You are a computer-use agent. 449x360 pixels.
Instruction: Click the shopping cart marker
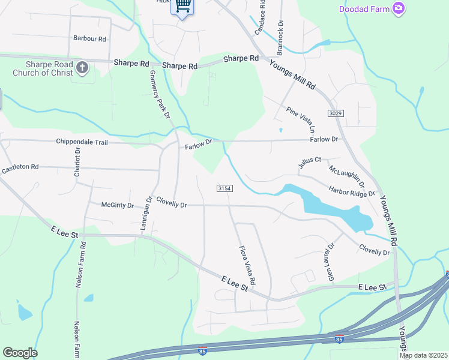[182, 7]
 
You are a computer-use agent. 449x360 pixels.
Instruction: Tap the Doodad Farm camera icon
[397, 8]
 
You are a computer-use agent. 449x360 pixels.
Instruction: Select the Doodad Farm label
[364, 9]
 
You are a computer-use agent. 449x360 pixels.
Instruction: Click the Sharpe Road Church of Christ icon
[83, 68]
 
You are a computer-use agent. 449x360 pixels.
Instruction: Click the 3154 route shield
[224, 188]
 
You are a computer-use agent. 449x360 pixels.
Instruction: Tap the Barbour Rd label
[89, 38]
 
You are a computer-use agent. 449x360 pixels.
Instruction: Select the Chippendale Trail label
[82, 142]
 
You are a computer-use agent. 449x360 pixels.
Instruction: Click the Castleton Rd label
[20, 169]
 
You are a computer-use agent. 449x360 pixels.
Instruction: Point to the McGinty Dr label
[117, 205]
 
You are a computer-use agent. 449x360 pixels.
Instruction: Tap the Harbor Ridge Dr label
[351, 191]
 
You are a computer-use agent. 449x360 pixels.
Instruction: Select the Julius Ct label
[310, 162]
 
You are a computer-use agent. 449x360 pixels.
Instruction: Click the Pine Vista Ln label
[300, 119]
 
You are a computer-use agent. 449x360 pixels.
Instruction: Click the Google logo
[20, 353]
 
